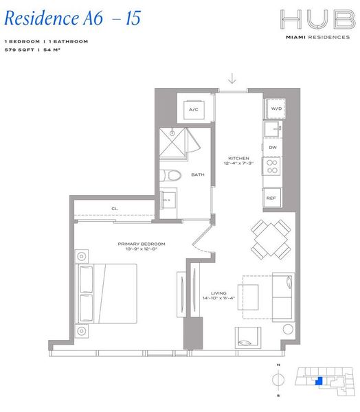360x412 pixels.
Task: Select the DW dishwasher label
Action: (272, 148)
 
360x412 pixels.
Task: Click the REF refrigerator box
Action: (271, 198)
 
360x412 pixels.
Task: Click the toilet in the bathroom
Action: (169, 176)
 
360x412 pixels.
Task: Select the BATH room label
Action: (197, 175)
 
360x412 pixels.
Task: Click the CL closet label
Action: (115, 209)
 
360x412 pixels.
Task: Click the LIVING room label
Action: (219, 293)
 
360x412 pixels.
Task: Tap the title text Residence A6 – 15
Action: (72, 19)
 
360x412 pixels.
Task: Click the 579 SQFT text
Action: (19, 49)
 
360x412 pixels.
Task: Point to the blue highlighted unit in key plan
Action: (317, 381)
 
